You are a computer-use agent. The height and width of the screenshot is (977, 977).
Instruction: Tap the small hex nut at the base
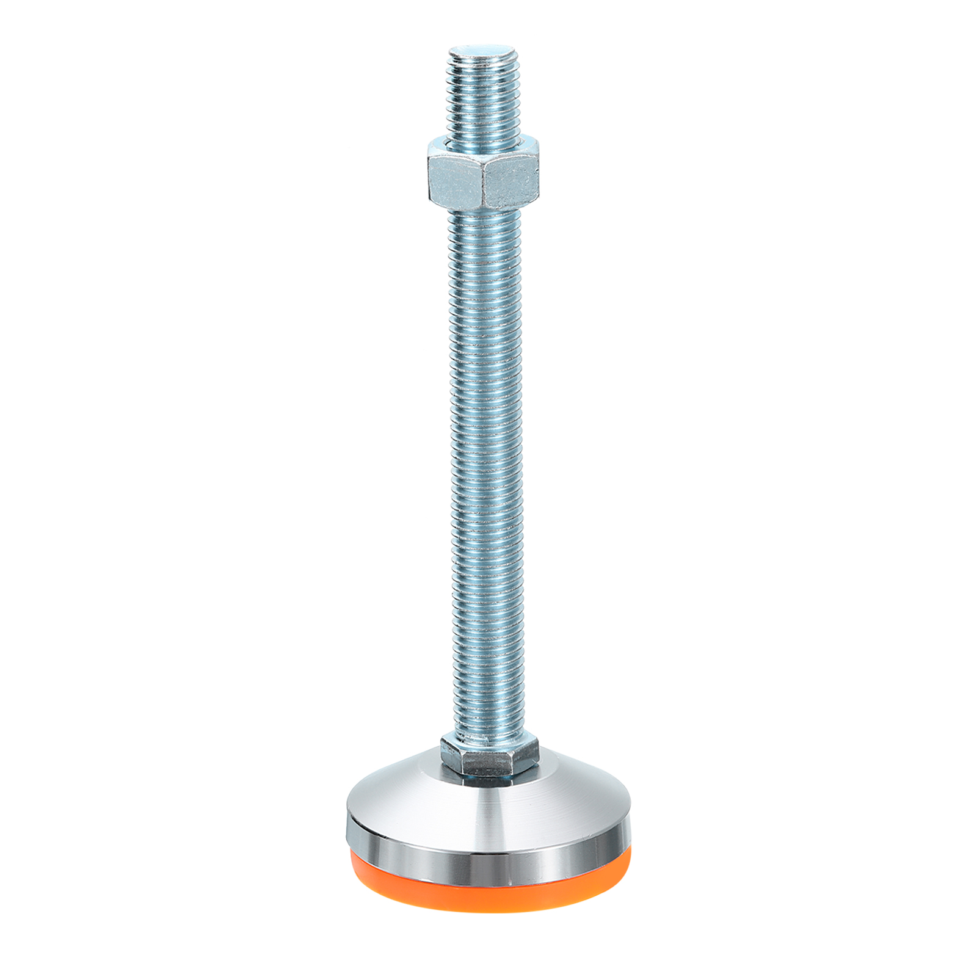488,757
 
